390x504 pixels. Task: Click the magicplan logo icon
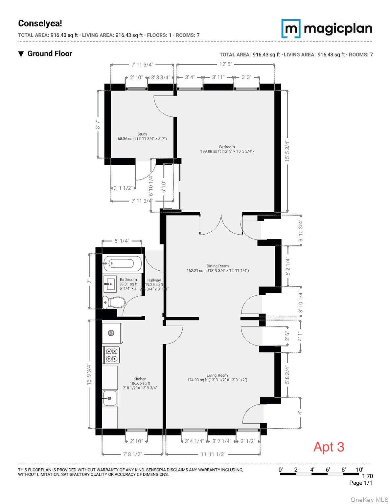[x=291, y=29]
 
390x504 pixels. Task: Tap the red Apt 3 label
[x=329, y=447]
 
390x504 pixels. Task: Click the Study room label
[x=142, y=134]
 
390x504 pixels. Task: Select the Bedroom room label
[x=227, y=147]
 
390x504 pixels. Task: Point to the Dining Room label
[x=218, y=266]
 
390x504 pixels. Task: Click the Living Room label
[x=217, y=375]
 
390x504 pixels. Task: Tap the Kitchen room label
[x=140, y=379]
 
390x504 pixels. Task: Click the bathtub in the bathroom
[x=122, y=263]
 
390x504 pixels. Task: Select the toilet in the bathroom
[x=113, y=302]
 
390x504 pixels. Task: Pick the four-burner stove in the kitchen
[x=111, y=355]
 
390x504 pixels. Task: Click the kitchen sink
[x=110, y=398]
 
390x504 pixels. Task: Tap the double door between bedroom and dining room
[x=221, y=225]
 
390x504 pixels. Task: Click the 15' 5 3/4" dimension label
[x=287, y=151]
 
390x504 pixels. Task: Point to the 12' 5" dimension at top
[x=225, y=64]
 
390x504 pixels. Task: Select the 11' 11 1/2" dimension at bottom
[x=213, y=454]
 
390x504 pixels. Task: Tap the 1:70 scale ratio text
[x=367, y=476]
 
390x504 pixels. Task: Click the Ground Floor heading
[x=50, y=54]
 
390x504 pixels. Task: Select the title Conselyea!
[x=40, y=24]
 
